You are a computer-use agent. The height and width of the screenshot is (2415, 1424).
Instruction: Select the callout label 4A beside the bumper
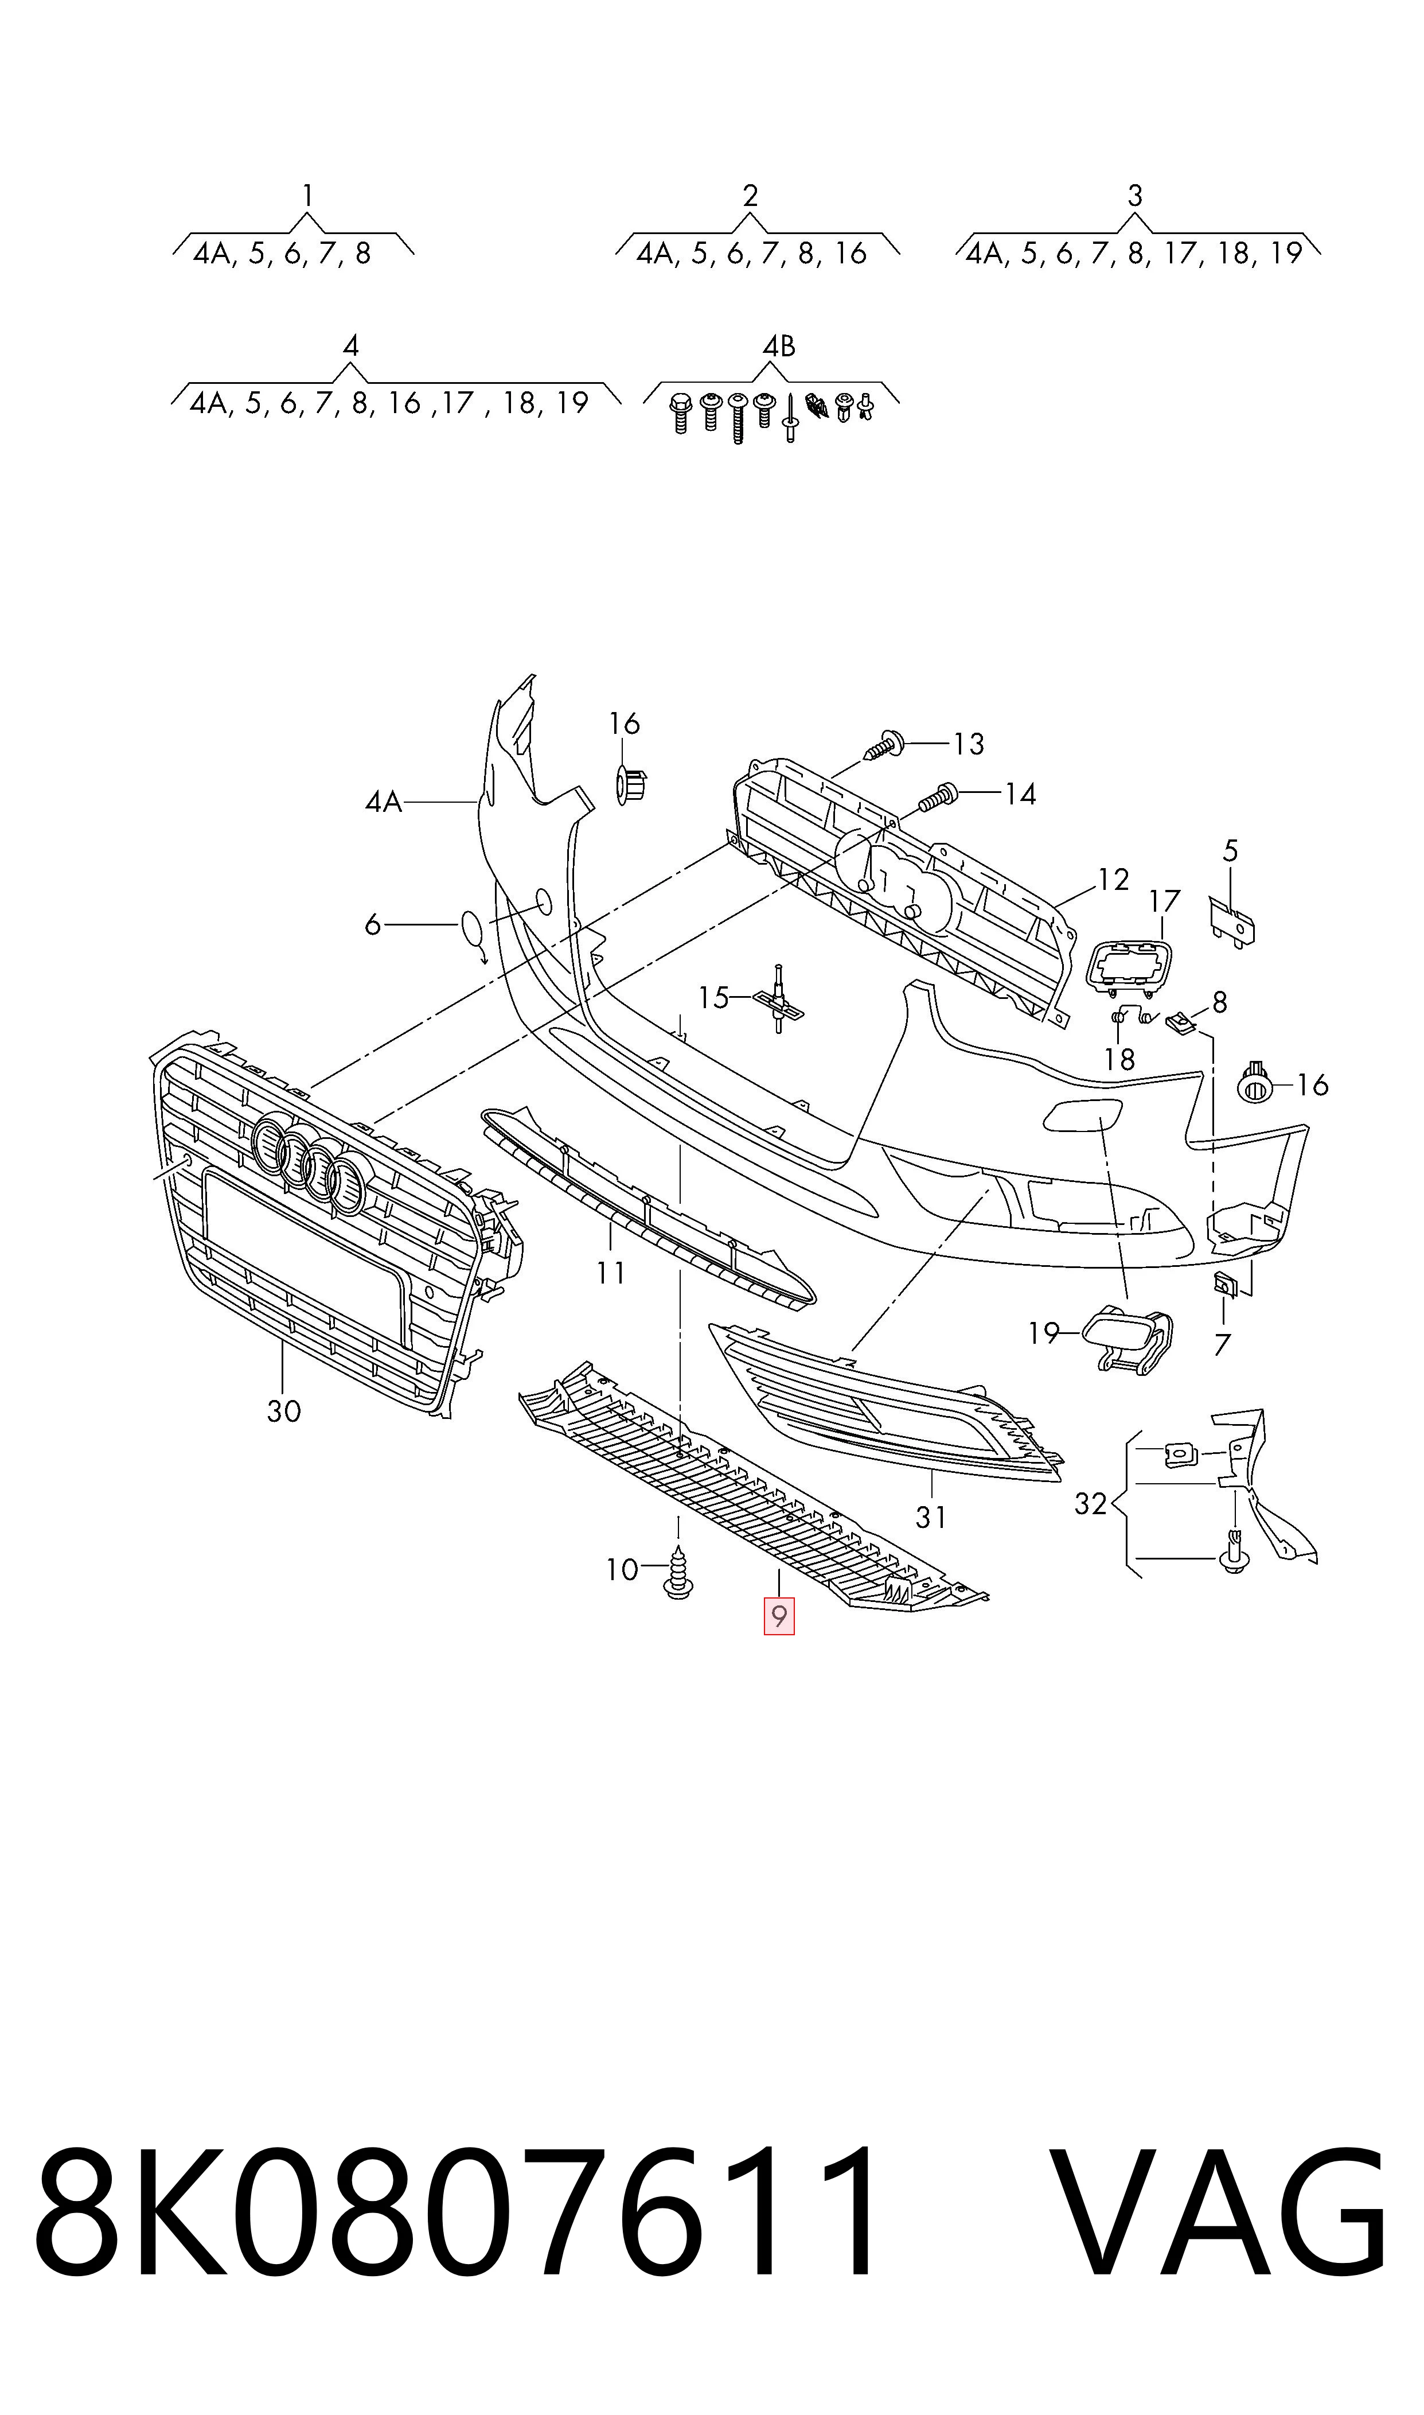click(383, 802)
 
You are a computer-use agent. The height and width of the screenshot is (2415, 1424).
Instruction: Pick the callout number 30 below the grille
click(284, 1411)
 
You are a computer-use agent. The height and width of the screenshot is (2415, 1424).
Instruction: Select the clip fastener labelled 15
click(778, 998)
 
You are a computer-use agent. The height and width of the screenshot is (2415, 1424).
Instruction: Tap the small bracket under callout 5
click(1232, 923)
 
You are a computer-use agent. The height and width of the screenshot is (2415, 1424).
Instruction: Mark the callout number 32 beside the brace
click(1091, 1503)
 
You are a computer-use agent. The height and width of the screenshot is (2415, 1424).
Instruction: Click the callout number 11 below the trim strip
click(610, 1273)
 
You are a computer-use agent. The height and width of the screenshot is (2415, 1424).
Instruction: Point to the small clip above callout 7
click(1224, 1282)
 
